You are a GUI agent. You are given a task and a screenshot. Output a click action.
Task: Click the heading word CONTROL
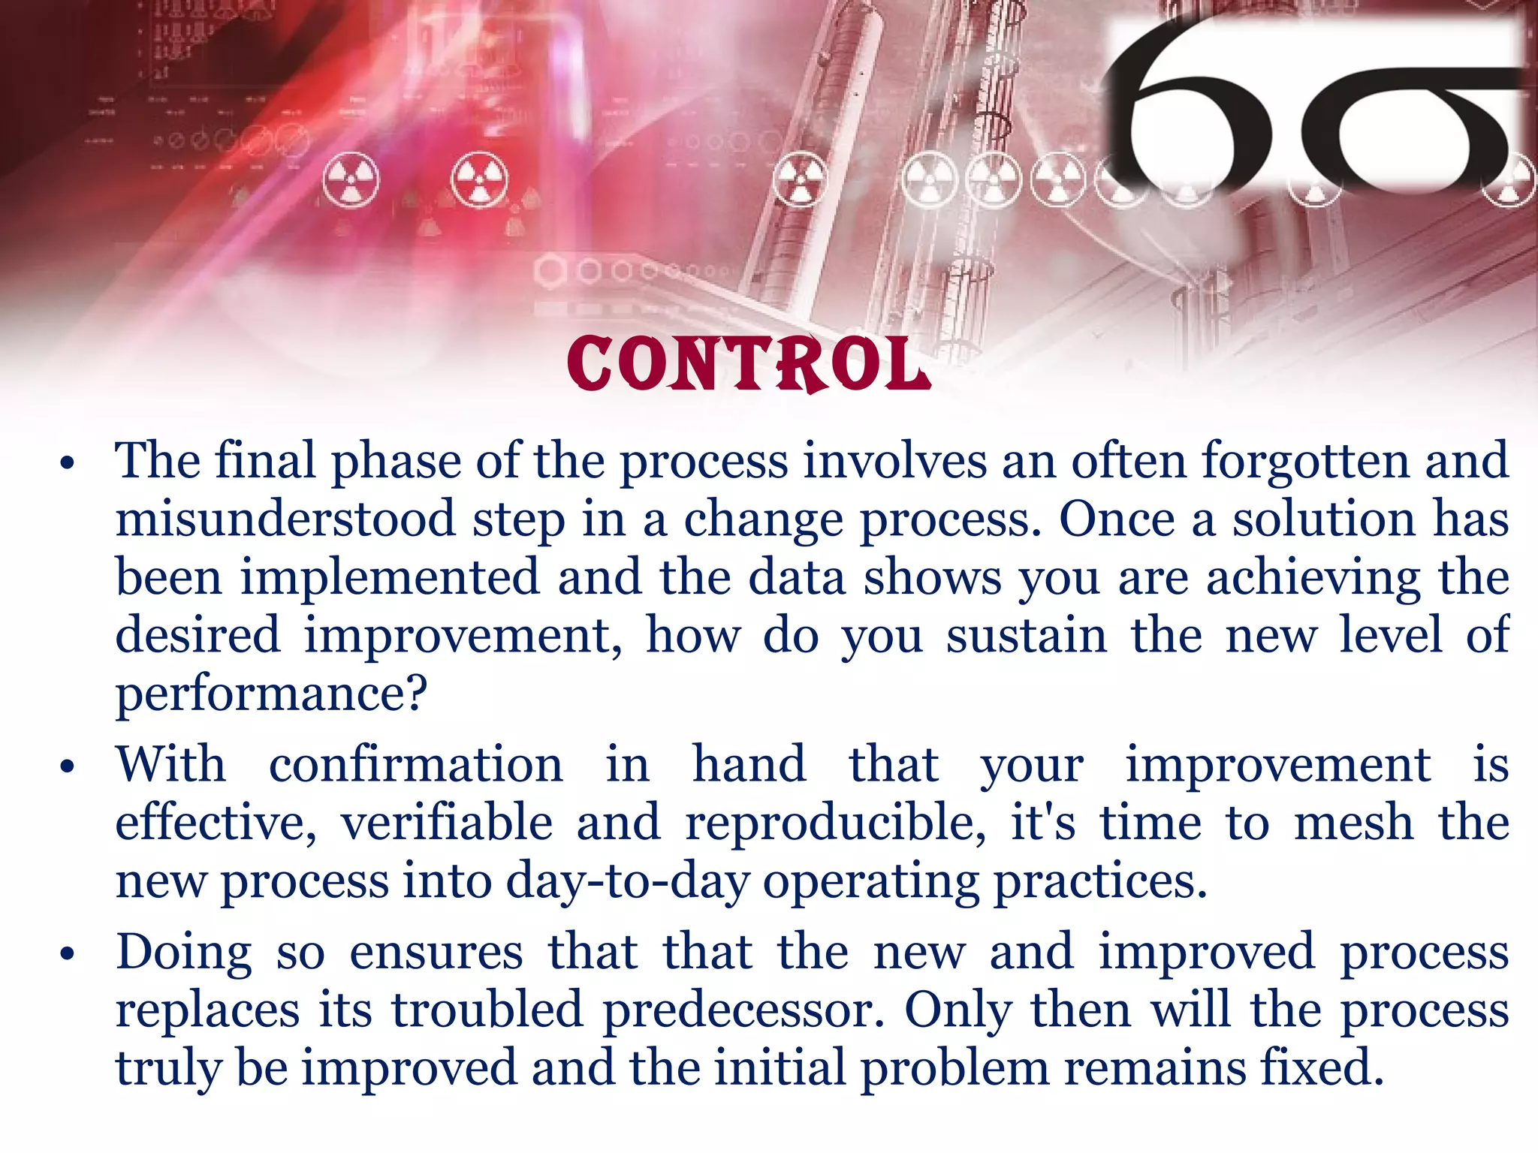(748, 365)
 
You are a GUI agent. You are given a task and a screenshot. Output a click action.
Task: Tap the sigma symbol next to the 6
(1412, 128)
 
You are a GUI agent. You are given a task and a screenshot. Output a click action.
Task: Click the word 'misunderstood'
(285, 519)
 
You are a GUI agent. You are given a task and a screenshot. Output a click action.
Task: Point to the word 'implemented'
(390, 577)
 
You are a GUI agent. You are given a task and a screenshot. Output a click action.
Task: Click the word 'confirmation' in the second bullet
(415, 765)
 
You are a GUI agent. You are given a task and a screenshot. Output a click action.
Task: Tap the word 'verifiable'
(448, 823)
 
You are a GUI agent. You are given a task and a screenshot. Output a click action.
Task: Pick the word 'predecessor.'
(744, 1010)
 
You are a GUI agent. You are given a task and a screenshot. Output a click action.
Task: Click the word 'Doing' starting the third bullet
(183, 953)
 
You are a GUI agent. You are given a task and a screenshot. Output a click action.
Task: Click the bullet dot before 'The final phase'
(68, 463)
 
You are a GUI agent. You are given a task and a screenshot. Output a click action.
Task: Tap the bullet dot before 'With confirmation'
(68, 767)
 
